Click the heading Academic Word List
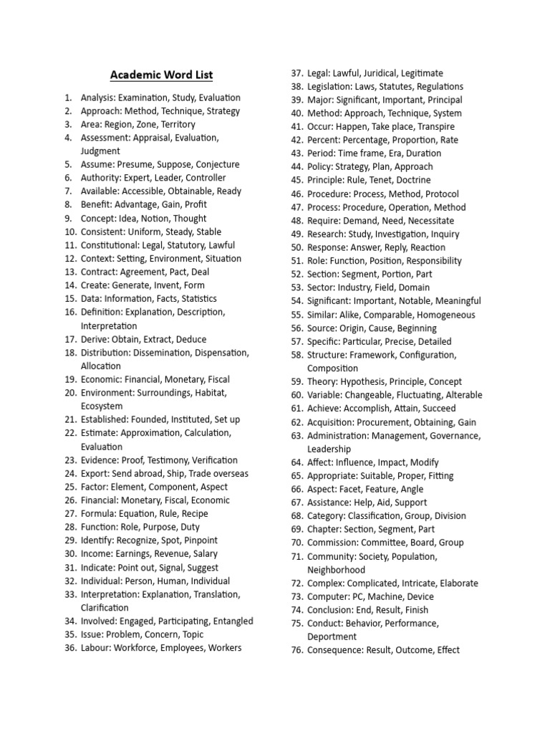(x=161, y=75)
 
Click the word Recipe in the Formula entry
(x=195, y=513)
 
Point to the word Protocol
(x=442, y=194)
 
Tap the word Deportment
(x=332, y=637)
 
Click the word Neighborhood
(x=336, y=570)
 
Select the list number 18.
(x=69, y=353)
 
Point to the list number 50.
(x=297, y=247)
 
